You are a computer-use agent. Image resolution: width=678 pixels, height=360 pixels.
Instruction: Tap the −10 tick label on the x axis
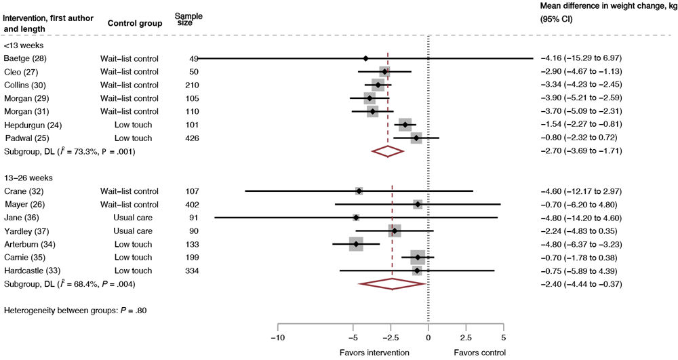(277, 337)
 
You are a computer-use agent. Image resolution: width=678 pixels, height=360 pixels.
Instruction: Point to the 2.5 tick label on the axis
(466, 337)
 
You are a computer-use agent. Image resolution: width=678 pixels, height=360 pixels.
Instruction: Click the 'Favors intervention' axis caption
(374, 353)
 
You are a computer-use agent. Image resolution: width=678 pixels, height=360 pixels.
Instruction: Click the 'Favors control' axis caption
(479, 353)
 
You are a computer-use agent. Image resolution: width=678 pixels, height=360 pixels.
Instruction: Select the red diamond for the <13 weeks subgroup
(388, 151)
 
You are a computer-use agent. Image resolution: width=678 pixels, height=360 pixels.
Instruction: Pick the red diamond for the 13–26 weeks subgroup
(392, 284)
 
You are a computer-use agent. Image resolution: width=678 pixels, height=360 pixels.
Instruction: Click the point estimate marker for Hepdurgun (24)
(405, 125)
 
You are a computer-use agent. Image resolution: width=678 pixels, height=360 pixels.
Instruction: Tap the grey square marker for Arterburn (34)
(356, 244)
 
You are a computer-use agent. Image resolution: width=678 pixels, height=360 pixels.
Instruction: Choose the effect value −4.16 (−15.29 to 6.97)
(581, 58)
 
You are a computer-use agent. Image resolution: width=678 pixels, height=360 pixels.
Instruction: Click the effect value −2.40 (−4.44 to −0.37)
(581, 284)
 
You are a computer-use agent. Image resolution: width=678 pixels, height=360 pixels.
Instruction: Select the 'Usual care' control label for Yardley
(133, 231)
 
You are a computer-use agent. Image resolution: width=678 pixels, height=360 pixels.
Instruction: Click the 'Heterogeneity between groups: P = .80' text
(75, 311)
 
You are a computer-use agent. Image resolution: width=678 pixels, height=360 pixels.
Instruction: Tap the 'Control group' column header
(132, 24)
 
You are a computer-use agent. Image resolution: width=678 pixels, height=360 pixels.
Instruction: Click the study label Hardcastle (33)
(31, 271)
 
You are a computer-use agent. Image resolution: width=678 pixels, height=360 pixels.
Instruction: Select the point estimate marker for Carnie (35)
(418, 258)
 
